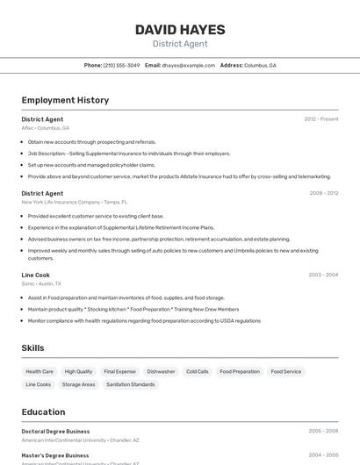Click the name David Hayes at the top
tap(180, 30)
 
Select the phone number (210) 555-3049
tap(121, 65)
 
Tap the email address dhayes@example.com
tap(188, 65)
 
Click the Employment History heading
tap(65, 100)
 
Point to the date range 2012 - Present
tap(320, 119)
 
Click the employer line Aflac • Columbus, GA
tap(46, 128)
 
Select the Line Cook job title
tap(36, 275)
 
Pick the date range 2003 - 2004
tap(323, 275)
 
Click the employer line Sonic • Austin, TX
tap(41, 283)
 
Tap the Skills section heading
tap(32, 348)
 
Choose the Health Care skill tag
tap(40, 371)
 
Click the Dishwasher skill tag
tap(161, 371)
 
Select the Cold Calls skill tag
tap(198, 371)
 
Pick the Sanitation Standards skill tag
tap(131, 384)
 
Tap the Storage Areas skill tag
tap(78, 384)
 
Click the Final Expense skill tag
tap(119, 371)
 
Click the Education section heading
tap(43, 411)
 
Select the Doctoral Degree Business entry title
tap(55, 432)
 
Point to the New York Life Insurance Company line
tap(74, 202)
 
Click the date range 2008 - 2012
tap(323, 193)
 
